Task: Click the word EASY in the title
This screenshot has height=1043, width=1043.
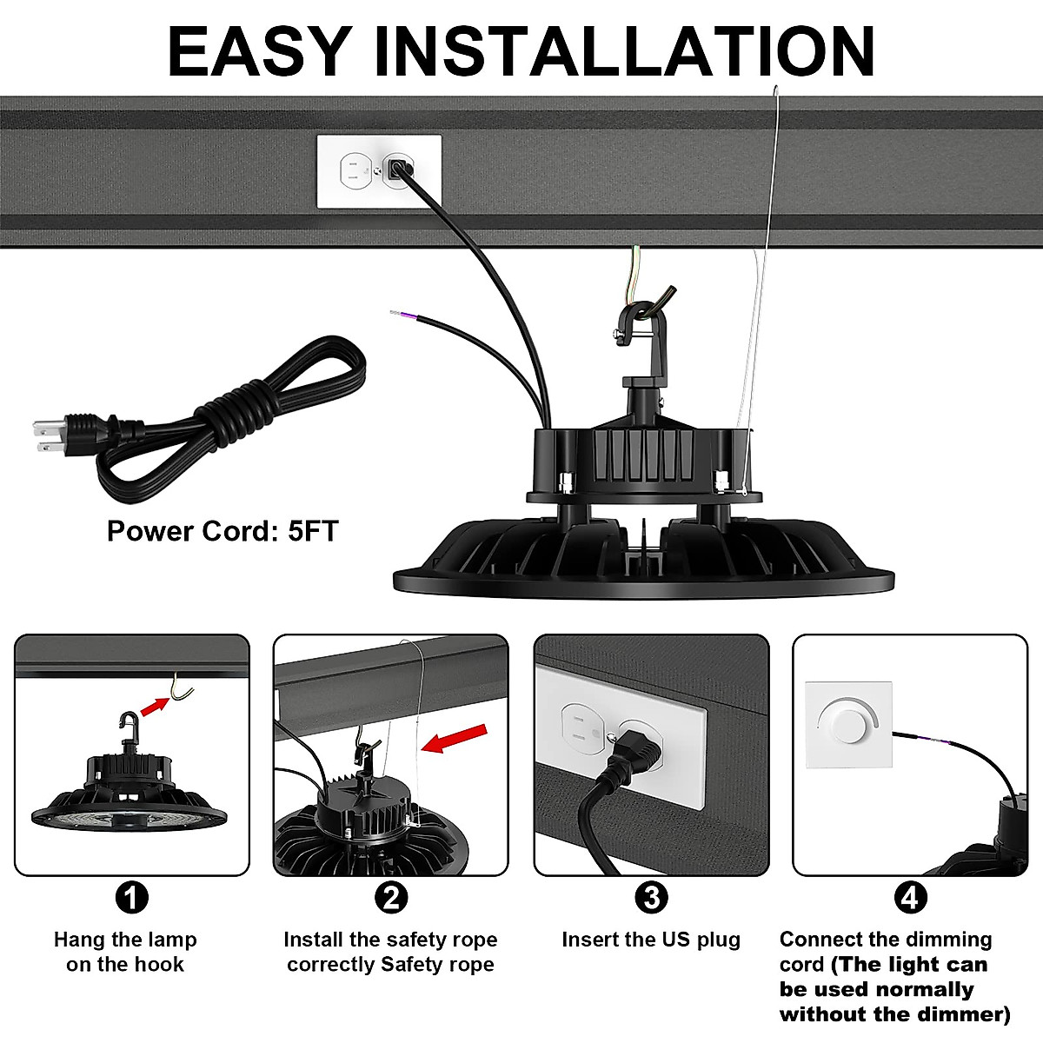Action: tap(259, 52)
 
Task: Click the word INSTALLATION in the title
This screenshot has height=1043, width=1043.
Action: tap(623, 52)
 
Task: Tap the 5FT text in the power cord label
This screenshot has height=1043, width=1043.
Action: tap(312, 531)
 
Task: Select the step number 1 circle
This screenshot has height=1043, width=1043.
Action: tap(131, 897)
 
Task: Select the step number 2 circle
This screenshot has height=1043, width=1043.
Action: tap(390, 897)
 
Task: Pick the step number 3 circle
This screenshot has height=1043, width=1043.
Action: tap(651, 897)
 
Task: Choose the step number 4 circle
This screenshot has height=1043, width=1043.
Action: tap(909, 897)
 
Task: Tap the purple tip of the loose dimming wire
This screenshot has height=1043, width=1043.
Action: tap(397, 314)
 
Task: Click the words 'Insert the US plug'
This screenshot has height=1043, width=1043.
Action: tap(651, 940)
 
